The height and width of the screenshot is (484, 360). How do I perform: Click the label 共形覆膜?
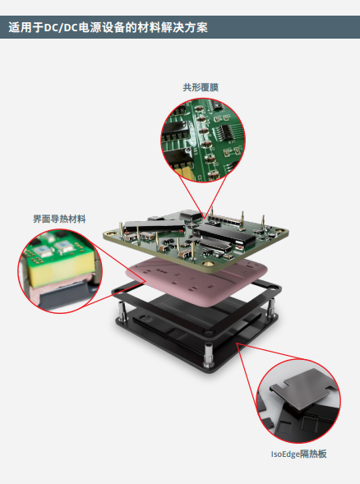click(201, 87)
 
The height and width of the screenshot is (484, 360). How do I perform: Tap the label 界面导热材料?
click(59, 219)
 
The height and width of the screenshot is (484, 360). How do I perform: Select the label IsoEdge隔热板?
click(298, 454)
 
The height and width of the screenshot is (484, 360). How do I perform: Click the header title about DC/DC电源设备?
click(108, 27)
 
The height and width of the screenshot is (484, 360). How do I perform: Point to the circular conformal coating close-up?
click(203, 141)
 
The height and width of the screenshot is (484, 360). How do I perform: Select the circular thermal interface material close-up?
click(60, 271)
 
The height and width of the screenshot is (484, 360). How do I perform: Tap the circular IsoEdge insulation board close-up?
click(298, 401)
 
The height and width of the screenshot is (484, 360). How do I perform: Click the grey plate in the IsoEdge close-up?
click(301, 389)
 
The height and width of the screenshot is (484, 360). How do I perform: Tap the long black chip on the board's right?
click(224, 236)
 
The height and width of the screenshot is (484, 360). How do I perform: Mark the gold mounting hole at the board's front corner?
click(208, 264)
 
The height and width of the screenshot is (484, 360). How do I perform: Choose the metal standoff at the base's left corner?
click(122, 311)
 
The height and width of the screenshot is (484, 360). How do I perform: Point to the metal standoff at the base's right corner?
click(270, 308)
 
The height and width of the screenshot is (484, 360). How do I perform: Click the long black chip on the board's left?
click(154, 226)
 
